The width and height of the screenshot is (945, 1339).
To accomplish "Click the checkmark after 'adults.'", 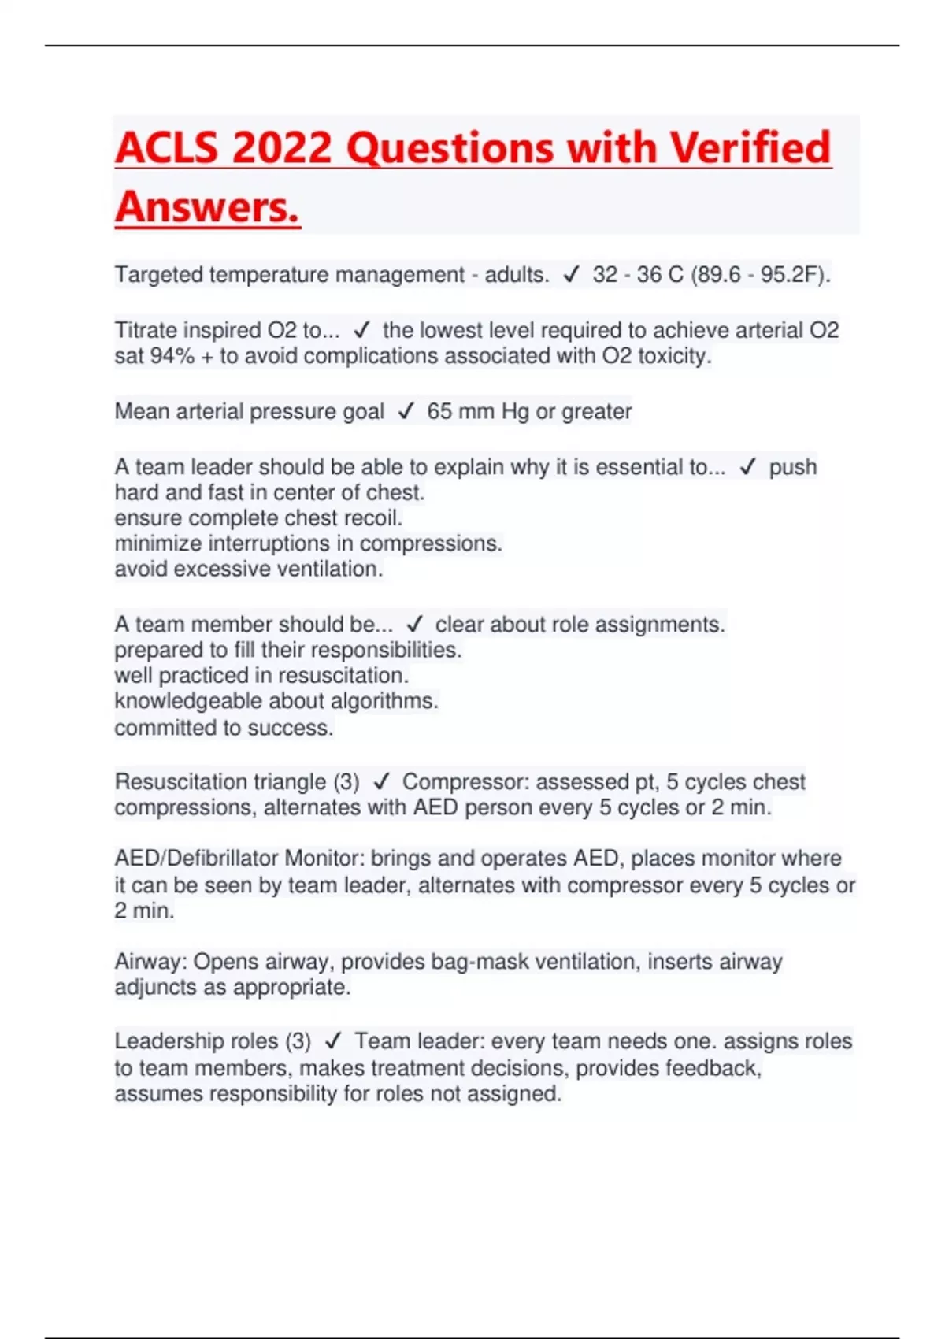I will (571, 275).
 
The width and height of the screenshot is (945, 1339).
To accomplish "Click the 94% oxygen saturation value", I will (172, 356).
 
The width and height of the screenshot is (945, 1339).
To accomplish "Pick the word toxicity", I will (674, 356).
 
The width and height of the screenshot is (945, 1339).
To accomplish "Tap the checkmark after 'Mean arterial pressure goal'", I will (406, 411).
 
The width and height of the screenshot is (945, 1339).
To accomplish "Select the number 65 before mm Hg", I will (439, 411).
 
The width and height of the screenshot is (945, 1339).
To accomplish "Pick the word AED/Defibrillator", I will (196, 858).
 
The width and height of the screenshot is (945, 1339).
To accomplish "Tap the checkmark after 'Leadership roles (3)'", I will (333, 1041).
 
